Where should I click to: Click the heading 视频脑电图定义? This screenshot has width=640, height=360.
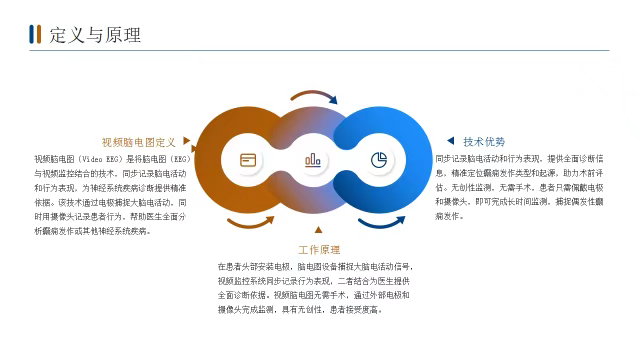click(138, 142)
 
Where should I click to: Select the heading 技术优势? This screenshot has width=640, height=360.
click(484, 142)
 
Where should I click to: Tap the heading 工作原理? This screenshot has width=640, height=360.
click(319, 249)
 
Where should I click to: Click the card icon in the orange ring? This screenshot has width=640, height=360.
click(248, 160)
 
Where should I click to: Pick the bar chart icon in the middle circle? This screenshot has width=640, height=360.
click(313, 160)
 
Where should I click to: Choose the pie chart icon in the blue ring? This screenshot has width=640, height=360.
click(378, 160)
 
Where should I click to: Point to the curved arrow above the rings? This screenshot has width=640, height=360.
click(314, 97)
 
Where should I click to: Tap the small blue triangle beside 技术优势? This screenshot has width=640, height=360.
click(451, 142)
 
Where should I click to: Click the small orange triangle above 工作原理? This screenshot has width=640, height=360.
click(319, 233)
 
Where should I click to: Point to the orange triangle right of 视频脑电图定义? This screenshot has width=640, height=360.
click(187, 142)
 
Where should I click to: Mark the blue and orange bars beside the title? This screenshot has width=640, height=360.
click(35, 36)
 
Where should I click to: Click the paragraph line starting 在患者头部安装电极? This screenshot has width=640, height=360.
click(314, 267)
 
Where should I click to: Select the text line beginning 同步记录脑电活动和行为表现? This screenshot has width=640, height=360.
click(519, 159)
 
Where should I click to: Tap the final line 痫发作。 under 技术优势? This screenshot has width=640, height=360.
click(449, 215)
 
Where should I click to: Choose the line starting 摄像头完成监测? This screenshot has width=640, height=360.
click(299, 309)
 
